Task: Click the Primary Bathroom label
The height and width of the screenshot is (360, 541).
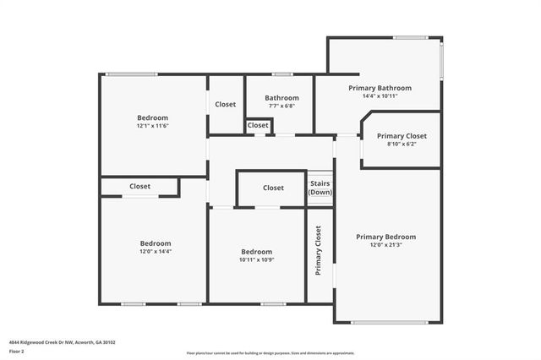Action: tap(380, 88)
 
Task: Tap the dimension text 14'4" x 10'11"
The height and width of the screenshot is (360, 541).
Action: tap(380, 96)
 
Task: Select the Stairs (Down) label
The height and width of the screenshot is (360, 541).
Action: tap(320, 187)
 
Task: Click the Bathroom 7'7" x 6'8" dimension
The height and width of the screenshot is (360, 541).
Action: tap(280, 106)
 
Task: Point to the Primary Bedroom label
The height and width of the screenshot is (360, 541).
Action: tap(385, 237)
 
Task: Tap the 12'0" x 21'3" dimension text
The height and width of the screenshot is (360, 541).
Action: tap(385, 246)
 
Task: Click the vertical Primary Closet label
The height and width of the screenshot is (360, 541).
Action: tap(319, 250)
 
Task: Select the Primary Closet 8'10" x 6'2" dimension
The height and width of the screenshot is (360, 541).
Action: tap(402, 145)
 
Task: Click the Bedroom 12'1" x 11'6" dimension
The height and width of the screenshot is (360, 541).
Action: tap(153, 126)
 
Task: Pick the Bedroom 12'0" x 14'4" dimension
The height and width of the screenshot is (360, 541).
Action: tap(156, 252)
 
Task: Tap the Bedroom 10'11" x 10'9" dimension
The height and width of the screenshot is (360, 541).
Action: tap(256, 260)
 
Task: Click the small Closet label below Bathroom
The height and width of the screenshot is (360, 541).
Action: tap(258, 125)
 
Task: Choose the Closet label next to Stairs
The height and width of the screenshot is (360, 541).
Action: tap(273, 188)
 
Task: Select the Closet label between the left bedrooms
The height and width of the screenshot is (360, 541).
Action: tap(139, 186)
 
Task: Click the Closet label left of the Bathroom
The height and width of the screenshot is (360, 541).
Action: tap(225, 104)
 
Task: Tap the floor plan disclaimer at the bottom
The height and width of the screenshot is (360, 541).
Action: tap(270, 353)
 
